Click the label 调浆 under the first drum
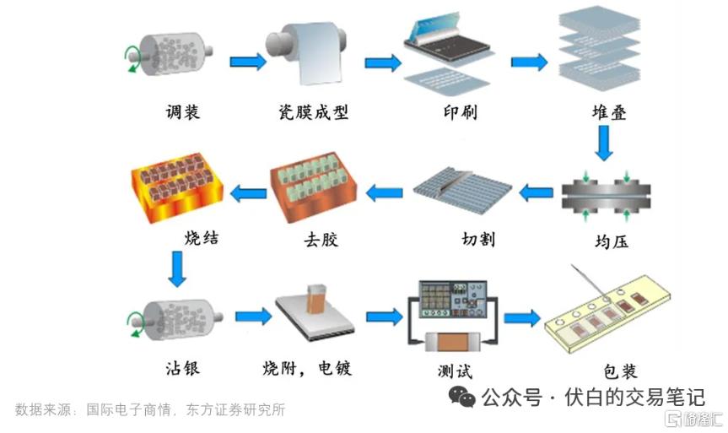[183, 112]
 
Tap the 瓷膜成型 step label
[313, 112]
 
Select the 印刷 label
[460, 112]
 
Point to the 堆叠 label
[609, 112]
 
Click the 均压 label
[612, 241]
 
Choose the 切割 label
[478, 239]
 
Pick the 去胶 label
[321, 239]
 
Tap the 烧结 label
[202, 237]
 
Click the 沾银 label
[183, 368]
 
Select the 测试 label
[455, 371]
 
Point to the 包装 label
[620, 371]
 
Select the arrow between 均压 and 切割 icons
[536, 192]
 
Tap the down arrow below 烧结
[177, 269]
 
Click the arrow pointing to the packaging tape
[522, 318]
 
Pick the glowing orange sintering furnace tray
[177, 187]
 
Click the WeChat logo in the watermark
[462, 398]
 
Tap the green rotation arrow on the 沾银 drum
[136, 324]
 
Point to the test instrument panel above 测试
[453, 299]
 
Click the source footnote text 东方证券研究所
[235, 409]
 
